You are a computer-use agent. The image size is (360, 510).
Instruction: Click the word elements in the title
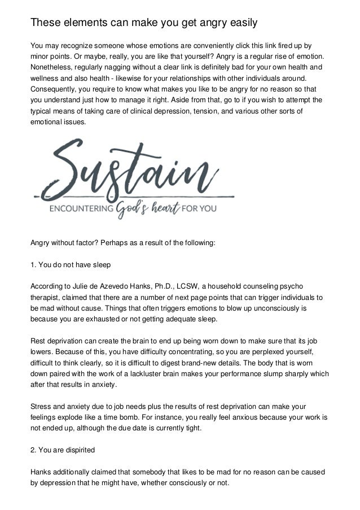83,23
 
